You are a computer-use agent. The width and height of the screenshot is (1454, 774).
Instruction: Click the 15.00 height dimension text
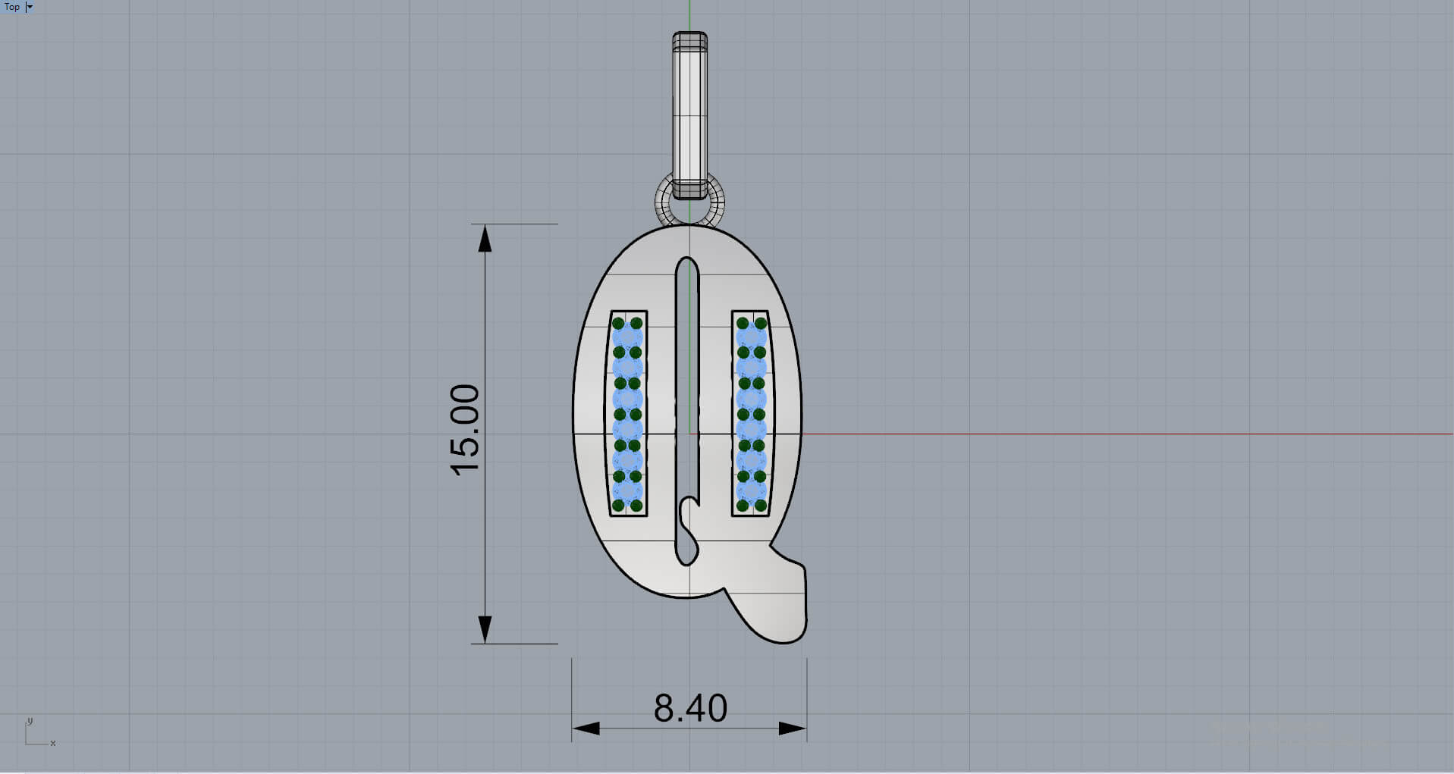[x=464, y=430]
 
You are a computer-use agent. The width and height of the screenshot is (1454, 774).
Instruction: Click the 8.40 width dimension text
[x=690, y=708]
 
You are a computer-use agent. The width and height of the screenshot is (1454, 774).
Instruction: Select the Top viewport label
[x=12, y=7]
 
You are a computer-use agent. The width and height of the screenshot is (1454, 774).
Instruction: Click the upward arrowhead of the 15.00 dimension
[x=485, y=238]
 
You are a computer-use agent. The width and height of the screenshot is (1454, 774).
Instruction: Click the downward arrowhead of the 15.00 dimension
[x=485, y=629]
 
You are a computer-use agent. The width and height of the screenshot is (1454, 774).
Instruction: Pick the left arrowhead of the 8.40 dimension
[x=586, y=729]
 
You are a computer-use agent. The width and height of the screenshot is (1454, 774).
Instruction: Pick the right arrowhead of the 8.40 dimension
[x=793, y=729]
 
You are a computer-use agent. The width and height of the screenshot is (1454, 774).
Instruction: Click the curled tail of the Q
[x=781, y=606]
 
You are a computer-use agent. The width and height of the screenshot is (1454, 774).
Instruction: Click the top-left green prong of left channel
[x=618, y=324]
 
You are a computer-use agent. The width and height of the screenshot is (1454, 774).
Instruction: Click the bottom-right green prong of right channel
[x=761, y=505]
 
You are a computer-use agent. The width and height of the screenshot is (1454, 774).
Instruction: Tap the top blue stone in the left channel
[x=627, y=337]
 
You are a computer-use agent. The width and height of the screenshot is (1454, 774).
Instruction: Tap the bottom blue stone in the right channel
[x=752, y=491]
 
